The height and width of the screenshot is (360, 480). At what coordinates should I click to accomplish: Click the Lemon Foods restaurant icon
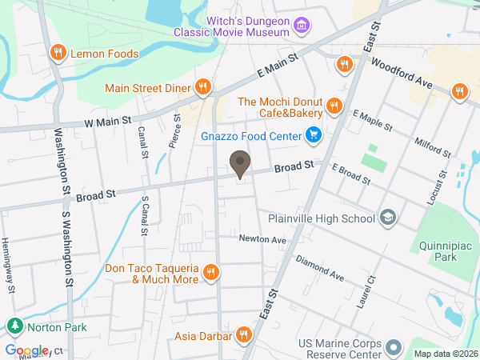pos(58,54)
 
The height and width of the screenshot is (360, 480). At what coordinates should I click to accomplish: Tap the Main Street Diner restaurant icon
pos(204,87)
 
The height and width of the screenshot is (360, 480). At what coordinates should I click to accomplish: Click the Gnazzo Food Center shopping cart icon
pos(314,136)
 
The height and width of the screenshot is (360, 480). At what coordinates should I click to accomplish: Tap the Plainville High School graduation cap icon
pos(388,218)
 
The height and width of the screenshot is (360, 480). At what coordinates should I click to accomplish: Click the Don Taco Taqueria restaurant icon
pos(211,272)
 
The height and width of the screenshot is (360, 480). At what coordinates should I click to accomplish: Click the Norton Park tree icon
pos(14,326)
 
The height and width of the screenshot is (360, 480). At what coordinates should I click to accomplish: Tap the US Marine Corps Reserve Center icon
pos(394,348)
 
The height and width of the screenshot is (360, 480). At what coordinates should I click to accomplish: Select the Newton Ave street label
pos(262,239)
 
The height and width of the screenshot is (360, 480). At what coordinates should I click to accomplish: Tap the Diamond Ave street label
pos(318,268)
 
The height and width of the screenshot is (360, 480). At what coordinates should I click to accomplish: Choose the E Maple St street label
pos(372,121)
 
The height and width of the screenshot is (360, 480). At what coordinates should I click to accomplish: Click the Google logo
pos(26,350)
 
